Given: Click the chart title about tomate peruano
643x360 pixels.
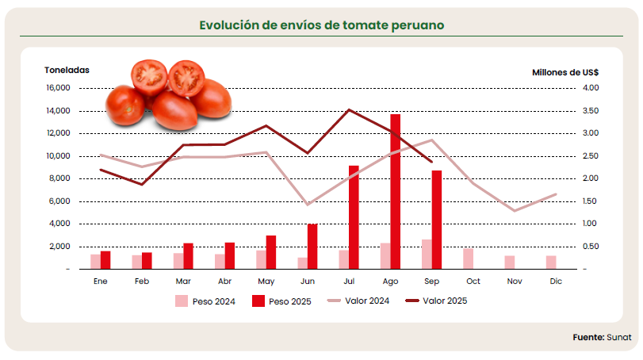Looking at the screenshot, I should [x=321, y=25].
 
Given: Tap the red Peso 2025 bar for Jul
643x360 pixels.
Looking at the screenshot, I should [x=354, y=217].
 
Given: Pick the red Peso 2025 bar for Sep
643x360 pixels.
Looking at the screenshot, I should [x=436, y=220].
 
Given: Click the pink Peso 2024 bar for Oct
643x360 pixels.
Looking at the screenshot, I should [x=468, y=259].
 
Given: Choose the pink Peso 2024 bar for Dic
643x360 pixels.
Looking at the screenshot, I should [x=550, y=262].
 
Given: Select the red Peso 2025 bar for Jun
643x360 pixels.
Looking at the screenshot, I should [x=312, y=247].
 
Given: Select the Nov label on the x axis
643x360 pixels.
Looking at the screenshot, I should [x=515, y=281].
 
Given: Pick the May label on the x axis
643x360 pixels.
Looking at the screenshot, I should [x=266, y=281].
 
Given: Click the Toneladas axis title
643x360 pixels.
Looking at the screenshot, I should [x=67, y=71].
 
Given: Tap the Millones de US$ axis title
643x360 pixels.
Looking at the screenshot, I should [x=565, y=71].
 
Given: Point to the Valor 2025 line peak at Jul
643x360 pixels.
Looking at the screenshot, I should [x=349, y=109].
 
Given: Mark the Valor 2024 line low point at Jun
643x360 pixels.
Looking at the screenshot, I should [x=308, y=205].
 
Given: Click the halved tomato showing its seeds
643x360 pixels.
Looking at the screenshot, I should [x=149, y=76].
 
